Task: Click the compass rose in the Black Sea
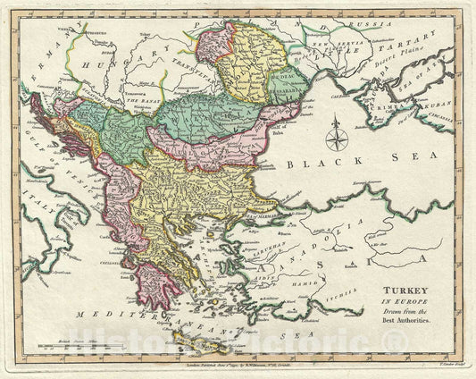click(337, 137)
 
